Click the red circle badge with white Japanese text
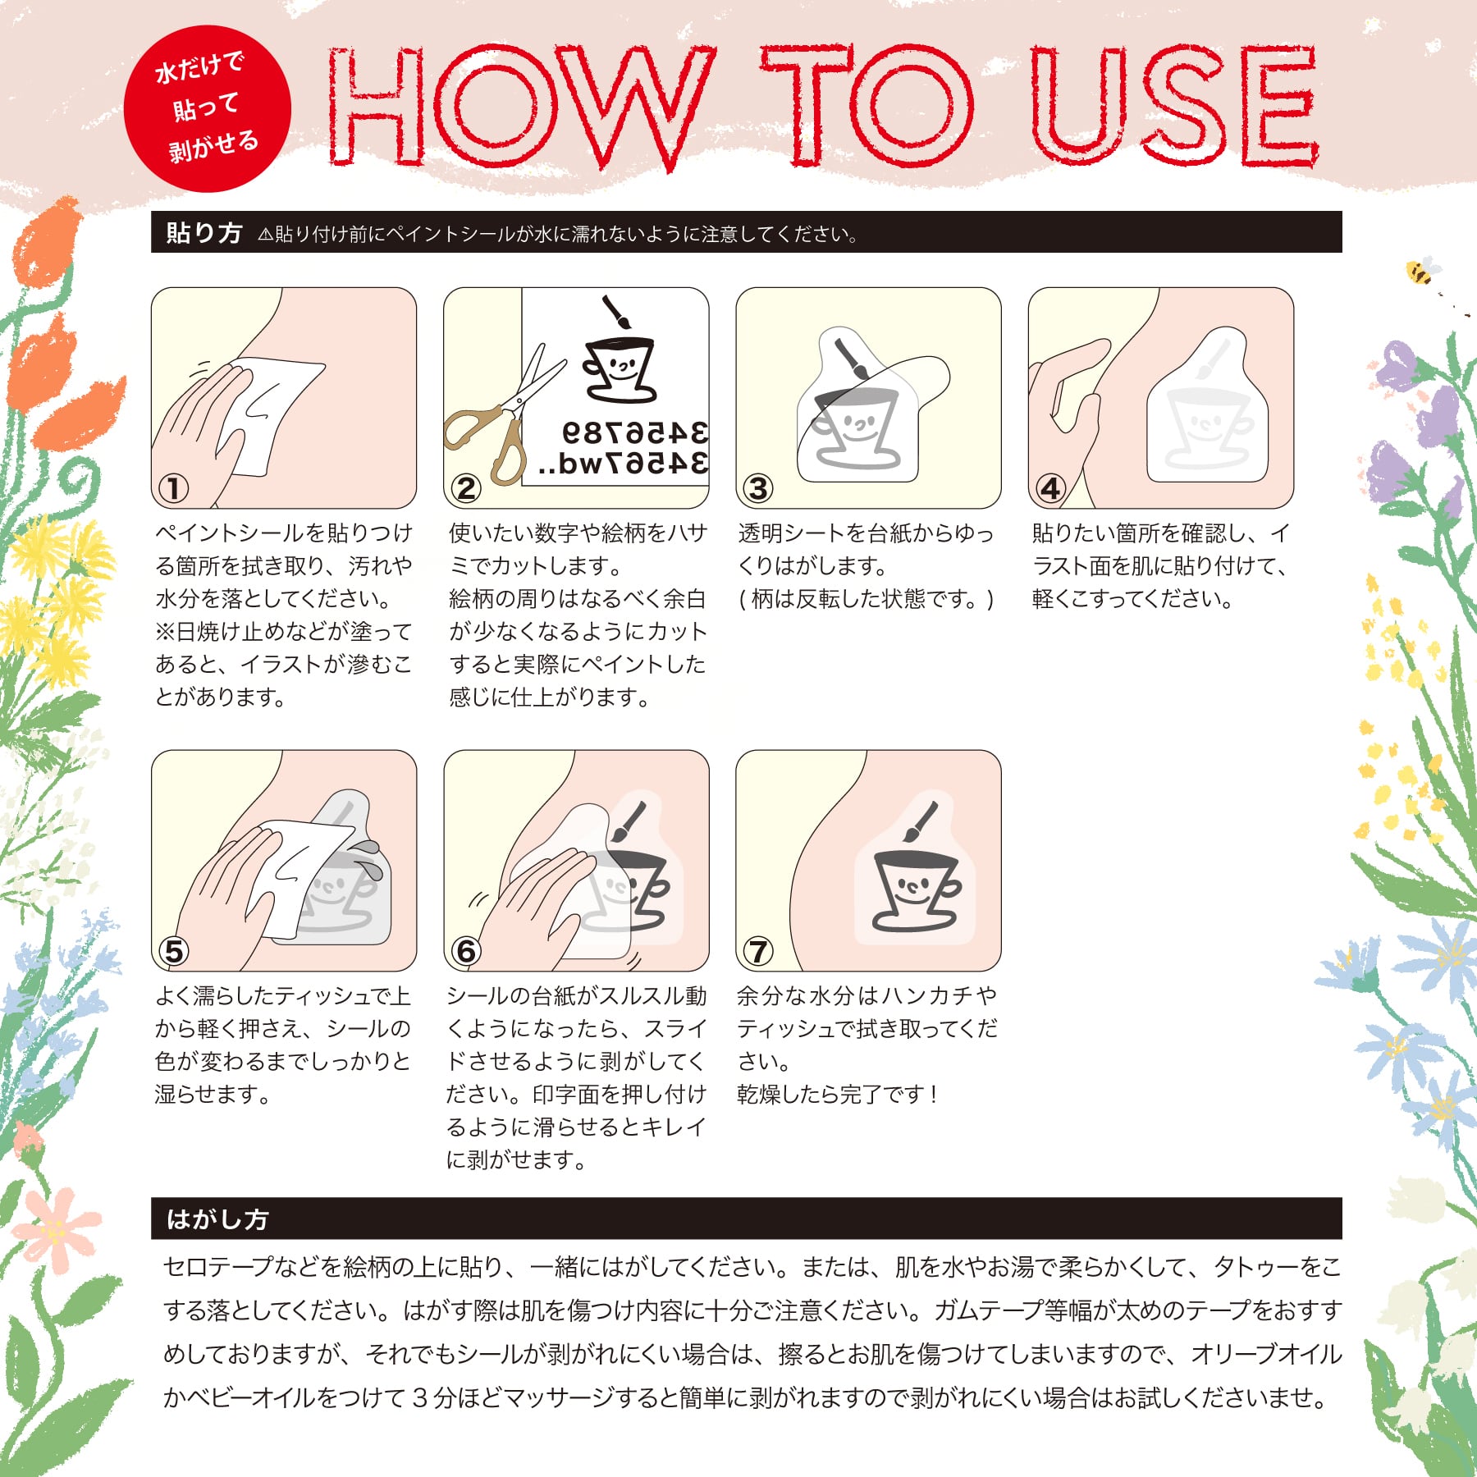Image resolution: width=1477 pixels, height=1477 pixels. point(208,108)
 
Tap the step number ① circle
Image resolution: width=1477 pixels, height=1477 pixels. point(173,488)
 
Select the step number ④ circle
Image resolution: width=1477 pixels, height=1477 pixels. point(1050,488)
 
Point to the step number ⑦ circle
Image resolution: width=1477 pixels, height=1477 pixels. point(757,951)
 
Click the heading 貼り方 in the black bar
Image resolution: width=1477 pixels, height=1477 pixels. point(203,233)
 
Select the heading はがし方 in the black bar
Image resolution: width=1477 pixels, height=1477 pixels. point(217,1219)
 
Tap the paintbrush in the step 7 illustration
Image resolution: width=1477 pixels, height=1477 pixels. point(920,821)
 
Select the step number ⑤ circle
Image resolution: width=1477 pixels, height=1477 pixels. point(173,951)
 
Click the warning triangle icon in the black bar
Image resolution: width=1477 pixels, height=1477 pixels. point(264,235)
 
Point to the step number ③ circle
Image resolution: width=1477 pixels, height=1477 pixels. point(757,488)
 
